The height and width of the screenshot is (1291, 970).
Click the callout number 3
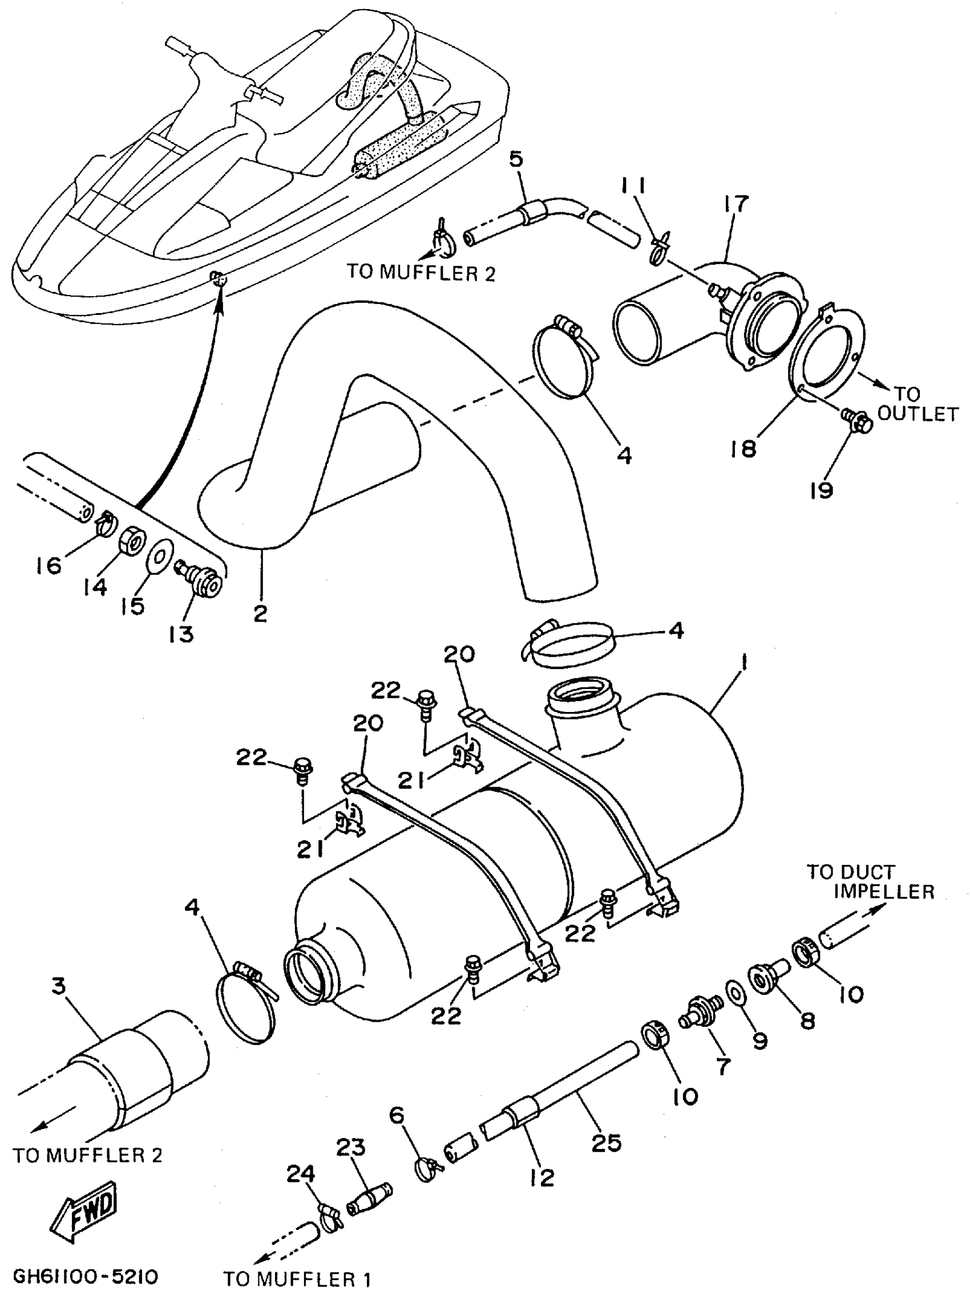[x=59, y=986]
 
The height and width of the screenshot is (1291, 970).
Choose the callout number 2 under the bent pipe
[x=260, y=613]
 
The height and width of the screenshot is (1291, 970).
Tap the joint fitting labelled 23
[x=369, y=1203]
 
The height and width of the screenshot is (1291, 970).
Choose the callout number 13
[x=180, y=634]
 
